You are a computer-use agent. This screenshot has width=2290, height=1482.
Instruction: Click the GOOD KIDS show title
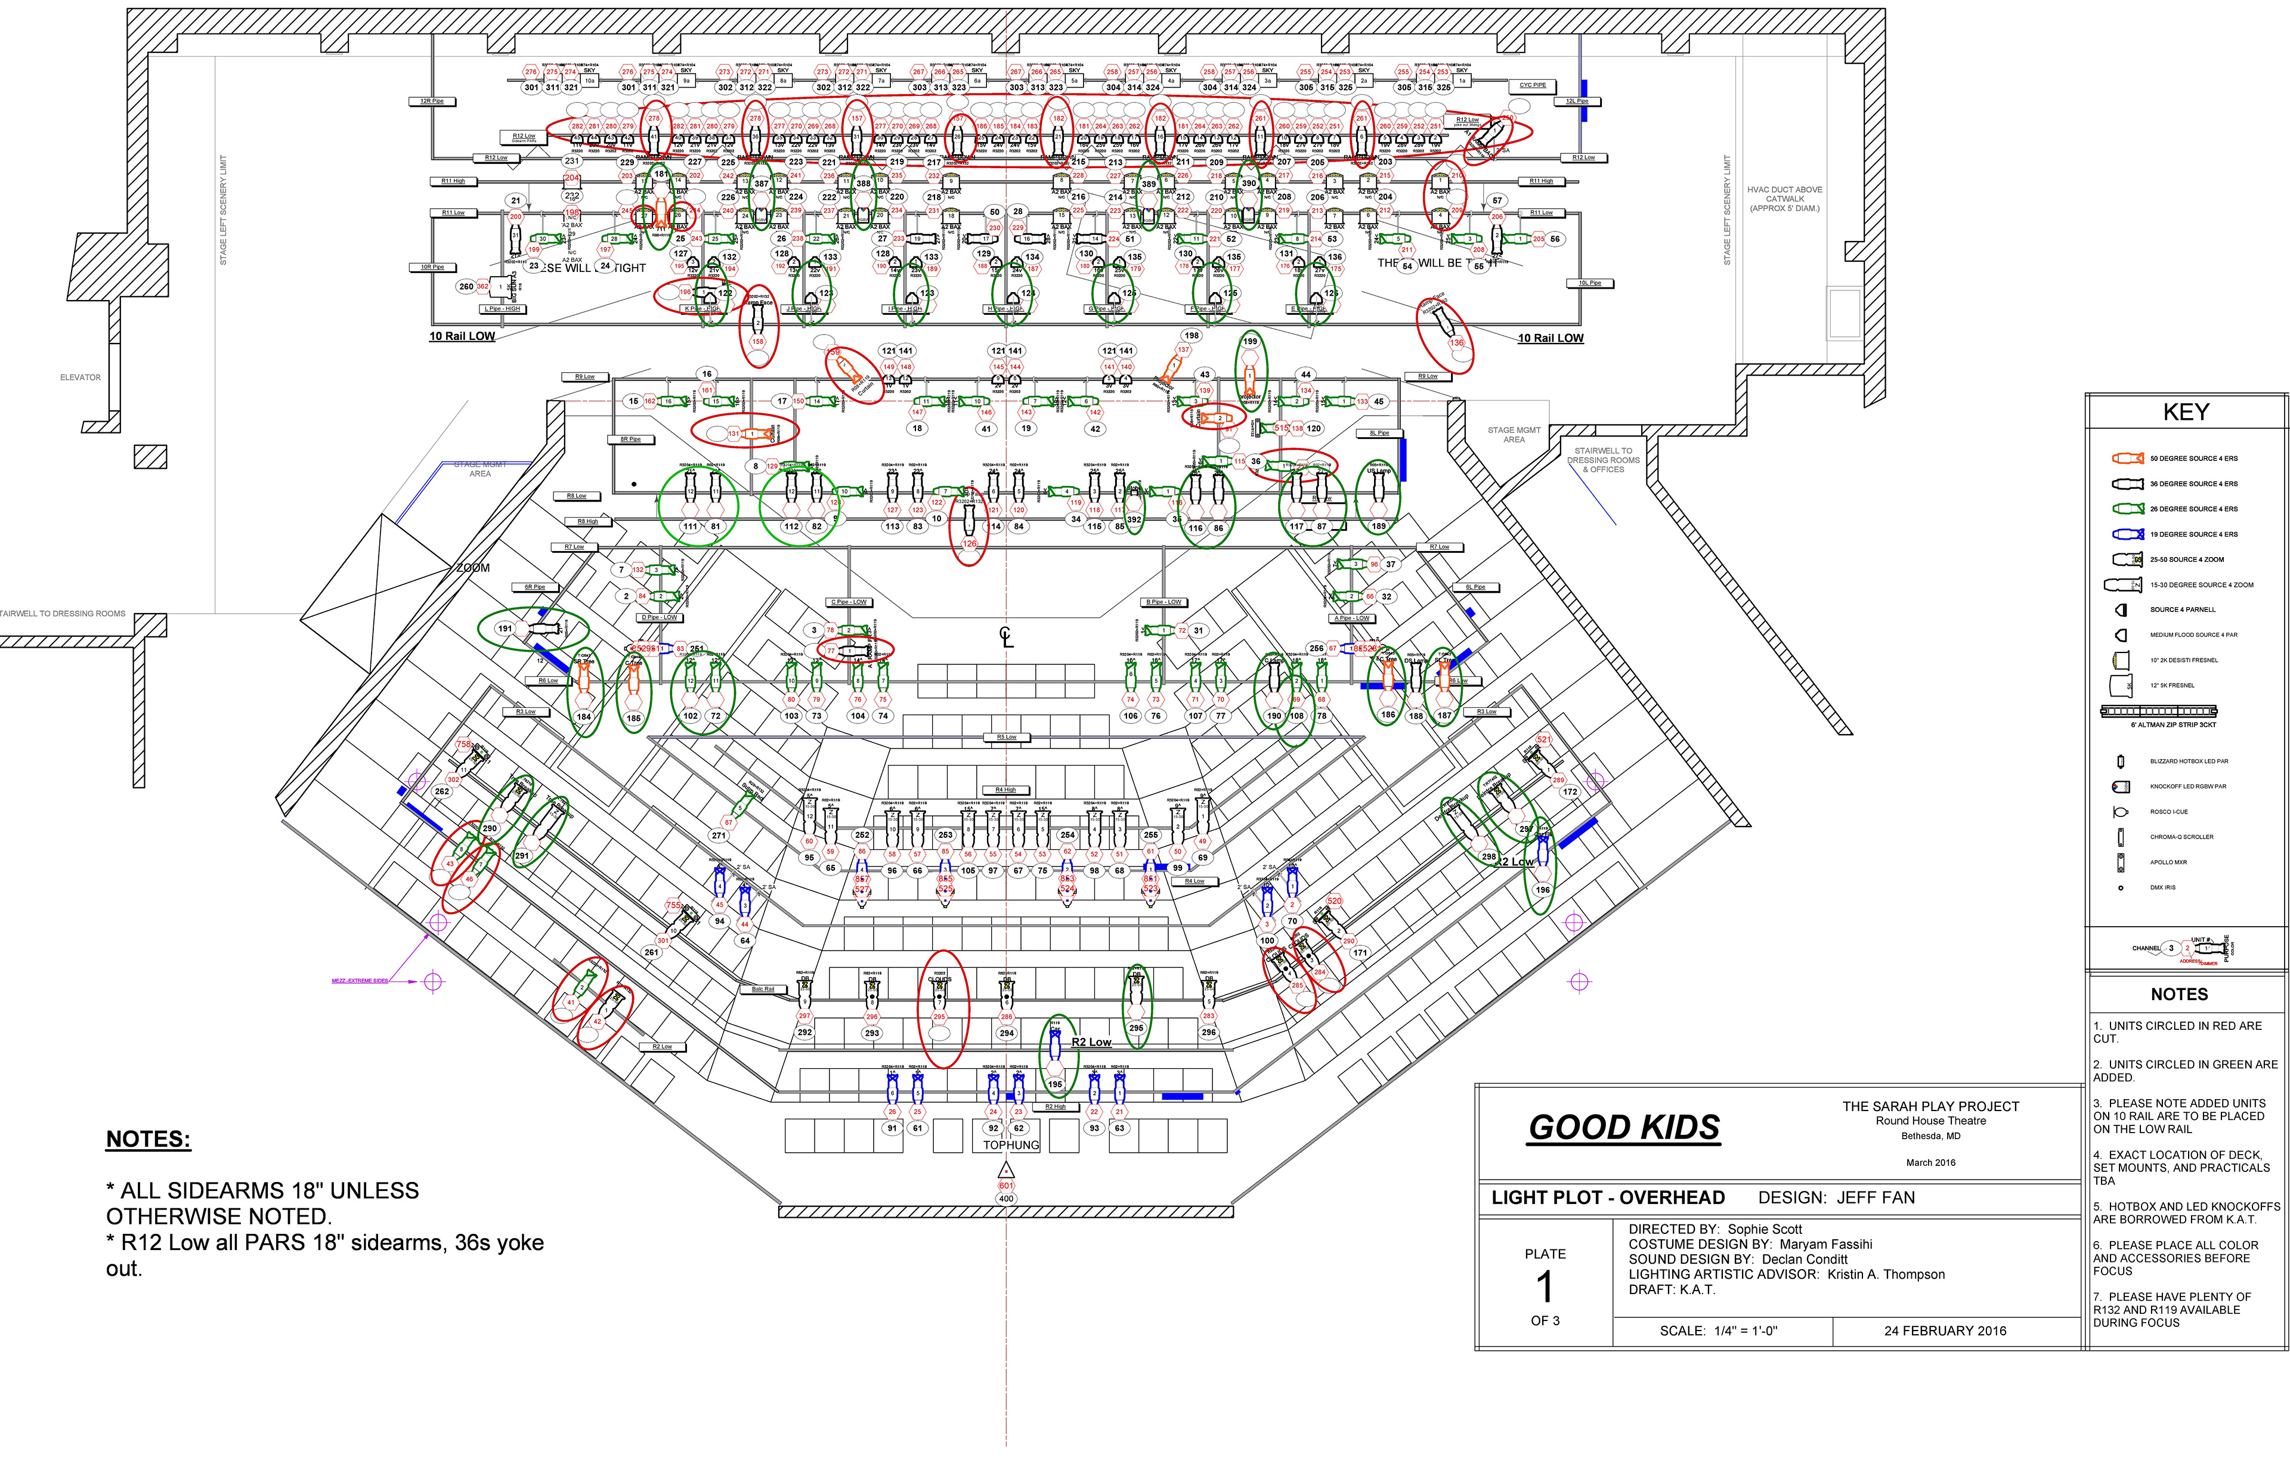pos(1624,1127)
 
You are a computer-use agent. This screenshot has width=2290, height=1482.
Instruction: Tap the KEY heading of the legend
pos(2186,413)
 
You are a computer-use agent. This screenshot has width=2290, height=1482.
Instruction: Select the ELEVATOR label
pos(80,378)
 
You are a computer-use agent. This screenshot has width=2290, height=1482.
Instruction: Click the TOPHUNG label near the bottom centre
pos(1010,1145)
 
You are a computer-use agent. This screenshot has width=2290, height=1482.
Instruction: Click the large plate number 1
pos(1545,1286)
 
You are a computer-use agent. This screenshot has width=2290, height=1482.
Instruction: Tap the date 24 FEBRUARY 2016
pos(1945,1331)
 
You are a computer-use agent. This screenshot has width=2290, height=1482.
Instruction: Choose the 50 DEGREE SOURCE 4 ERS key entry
pos(2194,458)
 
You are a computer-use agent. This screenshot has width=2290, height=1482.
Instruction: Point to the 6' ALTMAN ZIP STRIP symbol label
pos(2173,725)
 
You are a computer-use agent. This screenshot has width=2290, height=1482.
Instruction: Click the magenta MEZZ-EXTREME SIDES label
pos(360,980)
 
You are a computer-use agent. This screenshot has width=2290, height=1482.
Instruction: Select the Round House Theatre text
pos(1930,1121)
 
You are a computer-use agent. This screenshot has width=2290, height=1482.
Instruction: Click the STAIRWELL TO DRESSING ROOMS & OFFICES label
pos(1603,460)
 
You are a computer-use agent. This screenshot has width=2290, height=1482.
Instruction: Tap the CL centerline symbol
pos(1007,637)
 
